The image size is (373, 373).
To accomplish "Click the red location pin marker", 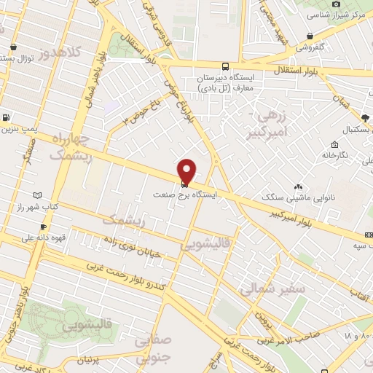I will [x=187, y=170].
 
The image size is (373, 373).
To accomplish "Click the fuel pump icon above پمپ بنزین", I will [x=7, y=117].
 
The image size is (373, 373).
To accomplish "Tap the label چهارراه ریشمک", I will [x=70, y=147].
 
